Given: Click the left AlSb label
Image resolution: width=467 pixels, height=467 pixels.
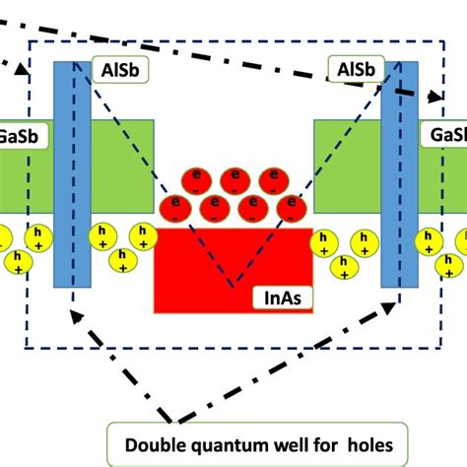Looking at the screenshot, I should click(x=118, y=70).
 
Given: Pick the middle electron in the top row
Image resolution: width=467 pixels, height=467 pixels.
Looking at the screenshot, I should click(x=234, y=179).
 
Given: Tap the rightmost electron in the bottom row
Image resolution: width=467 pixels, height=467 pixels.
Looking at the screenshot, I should click(x=290, y=206).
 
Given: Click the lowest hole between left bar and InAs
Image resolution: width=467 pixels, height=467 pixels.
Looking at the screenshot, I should click(x=122, y=259).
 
